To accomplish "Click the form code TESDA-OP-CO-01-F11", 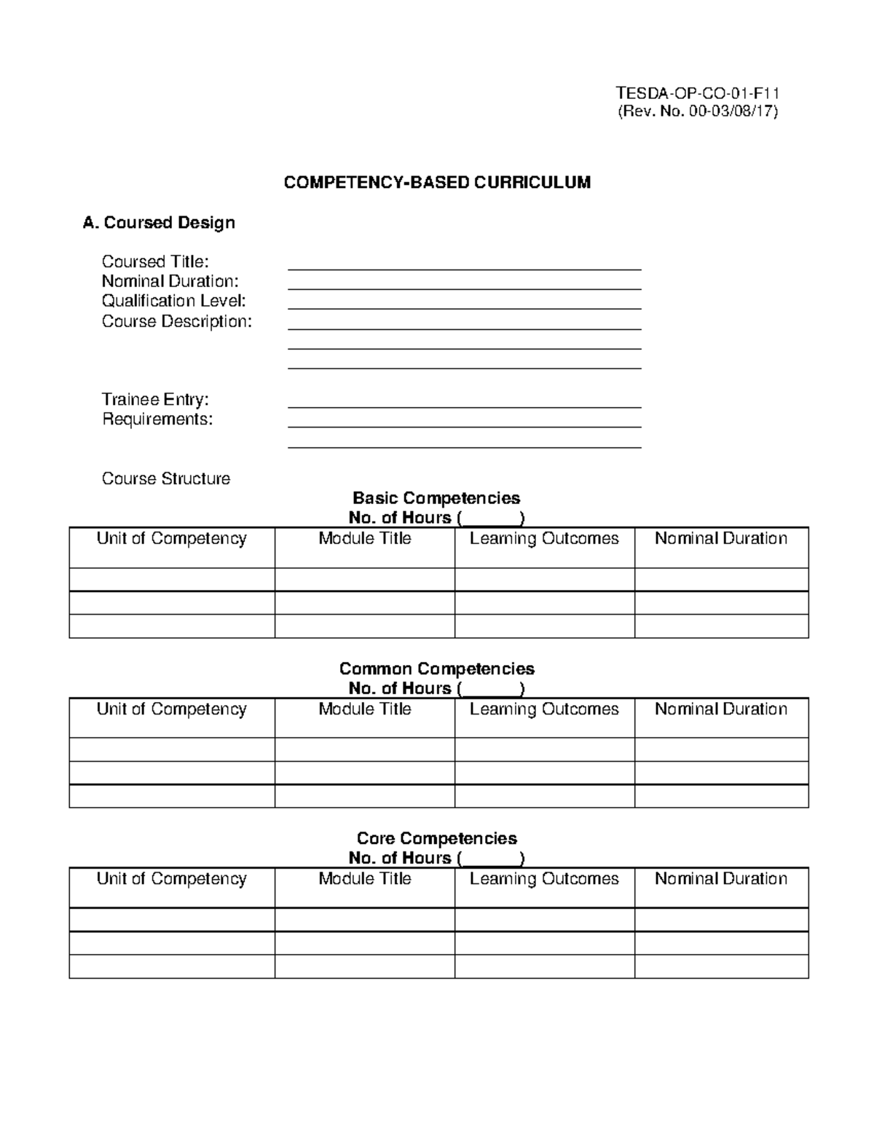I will (698, 93).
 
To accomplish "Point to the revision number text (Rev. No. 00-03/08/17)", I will (698, 111).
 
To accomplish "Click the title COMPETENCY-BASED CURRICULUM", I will (437, 182).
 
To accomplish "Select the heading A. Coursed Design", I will (159, 223).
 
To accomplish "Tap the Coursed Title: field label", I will (155, 261).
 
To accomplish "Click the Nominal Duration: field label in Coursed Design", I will (170, 281).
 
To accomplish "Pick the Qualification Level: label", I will (173, 301).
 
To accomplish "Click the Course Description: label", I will (176, 321).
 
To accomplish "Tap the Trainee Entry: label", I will (155, 399).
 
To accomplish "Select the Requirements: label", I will (157, 419).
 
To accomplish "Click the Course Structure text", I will (166, 478).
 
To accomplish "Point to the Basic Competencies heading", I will (436, 498).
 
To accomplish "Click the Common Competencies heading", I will (436, 669).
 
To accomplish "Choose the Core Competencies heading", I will (436, 838).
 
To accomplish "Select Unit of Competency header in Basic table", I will (172, 539).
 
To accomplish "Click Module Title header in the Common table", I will (365, 709).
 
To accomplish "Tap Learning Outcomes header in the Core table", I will (544, 879).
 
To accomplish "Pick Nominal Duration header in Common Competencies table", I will (721, 709).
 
